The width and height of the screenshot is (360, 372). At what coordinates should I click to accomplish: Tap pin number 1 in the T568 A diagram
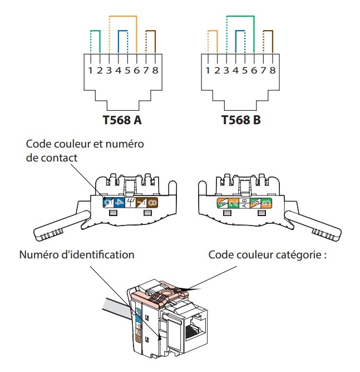tap(90, 71)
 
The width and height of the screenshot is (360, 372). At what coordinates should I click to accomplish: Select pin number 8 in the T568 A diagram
tap(155, 71)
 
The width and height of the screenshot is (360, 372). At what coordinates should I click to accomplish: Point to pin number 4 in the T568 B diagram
tap(236, 71)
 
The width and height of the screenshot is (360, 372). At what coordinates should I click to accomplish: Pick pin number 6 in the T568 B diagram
tap(254, 71)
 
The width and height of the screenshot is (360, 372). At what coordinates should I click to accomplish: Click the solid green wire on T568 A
tap(100, 42)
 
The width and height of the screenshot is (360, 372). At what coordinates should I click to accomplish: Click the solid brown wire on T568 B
tap(272, 42)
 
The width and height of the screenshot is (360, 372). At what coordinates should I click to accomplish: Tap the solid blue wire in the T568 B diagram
tap(236, 42)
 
